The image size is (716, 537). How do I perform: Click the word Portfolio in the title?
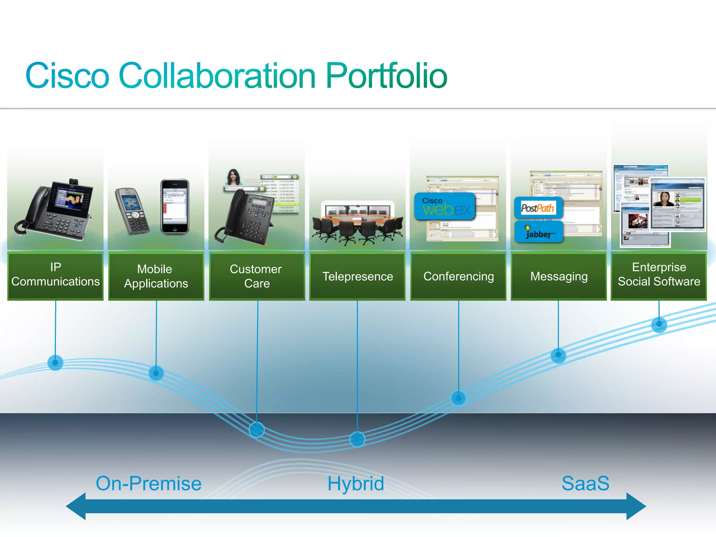click(386, 76)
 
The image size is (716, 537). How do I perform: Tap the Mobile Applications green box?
click(156, 276)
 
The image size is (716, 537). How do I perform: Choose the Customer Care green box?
click(257, 276)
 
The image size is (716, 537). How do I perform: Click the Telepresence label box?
click(357, 276)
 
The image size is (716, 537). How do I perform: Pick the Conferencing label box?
click(458, 276)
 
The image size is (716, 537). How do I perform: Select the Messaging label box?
click(559, 276)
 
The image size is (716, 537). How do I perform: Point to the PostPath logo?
click(538, 208)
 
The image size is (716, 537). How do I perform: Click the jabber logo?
click(539, 232)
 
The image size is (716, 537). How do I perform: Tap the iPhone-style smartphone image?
click(175, 206)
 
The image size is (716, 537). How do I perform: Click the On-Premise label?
click(149, 484)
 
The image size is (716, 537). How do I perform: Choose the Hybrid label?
click(356, 484)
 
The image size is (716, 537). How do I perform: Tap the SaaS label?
click(585, 484)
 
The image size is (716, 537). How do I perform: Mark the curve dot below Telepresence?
click(357, 439)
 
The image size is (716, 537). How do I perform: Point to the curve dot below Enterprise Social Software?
click(659, 324)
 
